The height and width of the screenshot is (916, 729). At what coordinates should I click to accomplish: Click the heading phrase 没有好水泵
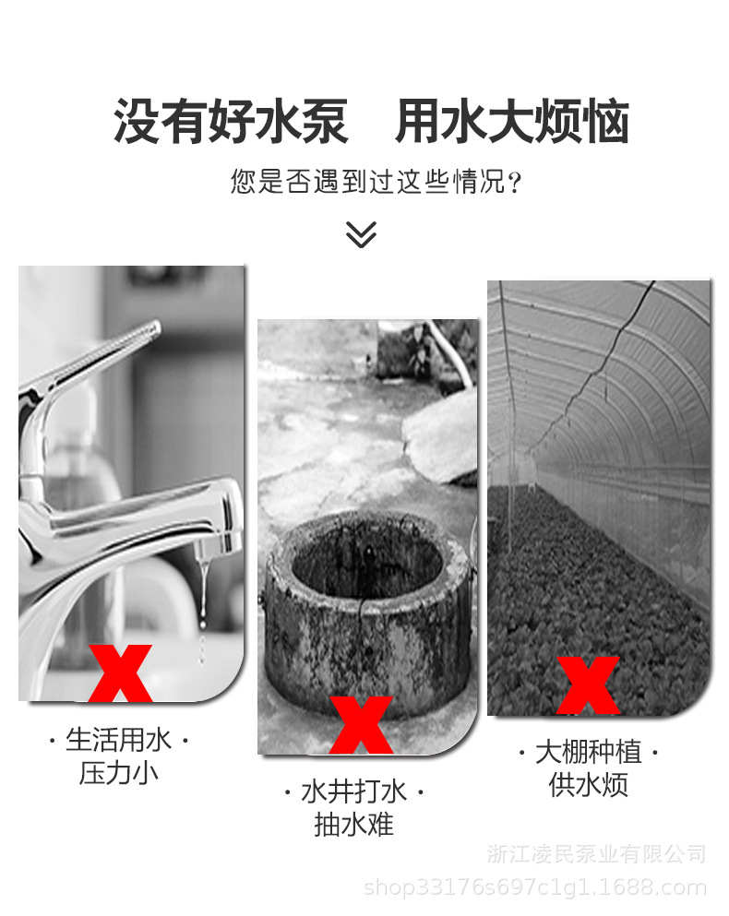tap(231, 123)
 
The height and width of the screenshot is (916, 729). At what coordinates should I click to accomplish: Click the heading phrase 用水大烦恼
tap(512, 123)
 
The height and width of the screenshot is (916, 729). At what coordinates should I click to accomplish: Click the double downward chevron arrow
tap(361, 234)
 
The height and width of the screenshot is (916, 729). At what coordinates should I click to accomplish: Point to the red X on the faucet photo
tap(121, 673)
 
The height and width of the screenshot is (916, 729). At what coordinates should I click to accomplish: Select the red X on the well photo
tap(361, 725)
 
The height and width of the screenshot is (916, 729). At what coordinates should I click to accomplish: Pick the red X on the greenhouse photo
tap(588, 684)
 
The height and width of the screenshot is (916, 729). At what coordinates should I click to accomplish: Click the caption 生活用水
tap(119, 740)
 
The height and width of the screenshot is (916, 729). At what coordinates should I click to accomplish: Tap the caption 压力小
tap(119, 773)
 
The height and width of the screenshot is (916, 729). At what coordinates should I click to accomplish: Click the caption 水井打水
tap(354, 791)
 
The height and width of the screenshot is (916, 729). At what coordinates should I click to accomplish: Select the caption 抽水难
tap(354, 824)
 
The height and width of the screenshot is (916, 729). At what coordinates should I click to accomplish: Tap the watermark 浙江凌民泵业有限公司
tap(596, 853)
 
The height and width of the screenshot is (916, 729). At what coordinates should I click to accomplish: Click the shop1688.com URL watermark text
tap(535, 887)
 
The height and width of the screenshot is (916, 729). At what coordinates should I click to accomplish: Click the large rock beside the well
tap(441, 438)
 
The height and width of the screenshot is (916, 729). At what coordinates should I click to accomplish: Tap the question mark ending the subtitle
tap(515, 181)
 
